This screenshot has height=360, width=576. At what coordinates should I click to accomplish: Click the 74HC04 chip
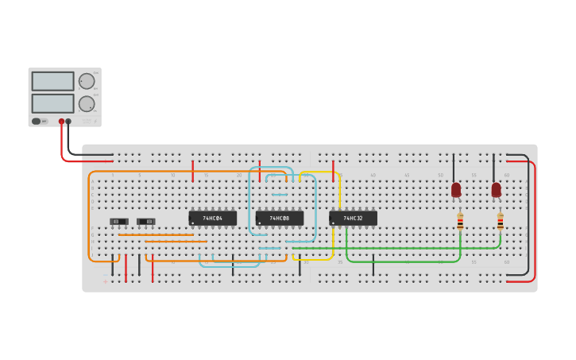(x=212, y=218)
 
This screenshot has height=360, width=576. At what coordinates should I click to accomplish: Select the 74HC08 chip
(x=280, y=218)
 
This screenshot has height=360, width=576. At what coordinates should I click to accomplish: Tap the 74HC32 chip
(x=353, y=218)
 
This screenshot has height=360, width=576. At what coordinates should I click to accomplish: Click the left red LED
(x=456, y=190)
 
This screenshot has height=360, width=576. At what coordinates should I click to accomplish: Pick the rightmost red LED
(x=497, y=190)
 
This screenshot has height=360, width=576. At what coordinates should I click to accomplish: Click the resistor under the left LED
(x=460, y=222)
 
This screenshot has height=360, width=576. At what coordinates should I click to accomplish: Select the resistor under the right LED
(x=500, y=222)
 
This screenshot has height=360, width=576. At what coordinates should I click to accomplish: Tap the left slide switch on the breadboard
(x=119, y=221)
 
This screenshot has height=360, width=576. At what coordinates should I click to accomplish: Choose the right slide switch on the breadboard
(x=145, y=221)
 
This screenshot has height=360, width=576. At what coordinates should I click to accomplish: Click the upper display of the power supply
(x=53, y=81)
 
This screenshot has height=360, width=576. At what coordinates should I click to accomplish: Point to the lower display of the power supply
(x=53, y=103)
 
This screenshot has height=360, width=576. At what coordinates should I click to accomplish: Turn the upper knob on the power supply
(x=86, y=81)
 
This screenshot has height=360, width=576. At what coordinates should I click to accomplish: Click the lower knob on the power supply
(x=86, y=103)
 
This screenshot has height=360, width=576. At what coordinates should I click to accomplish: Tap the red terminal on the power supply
(x=61, y=122)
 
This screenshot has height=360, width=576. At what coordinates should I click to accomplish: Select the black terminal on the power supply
(x=68, y=122)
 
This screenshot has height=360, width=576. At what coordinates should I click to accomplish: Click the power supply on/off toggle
(x=37, y=122)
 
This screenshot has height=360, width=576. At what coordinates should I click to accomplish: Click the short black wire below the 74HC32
(x=373, y=265)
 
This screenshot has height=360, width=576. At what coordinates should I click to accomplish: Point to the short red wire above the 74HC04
(x=193, y=169)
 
